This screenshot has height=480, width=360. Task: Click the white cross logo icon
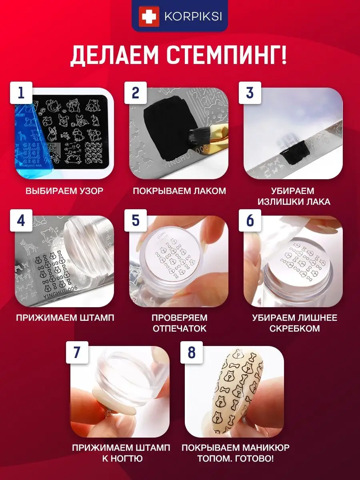tap(149, 17)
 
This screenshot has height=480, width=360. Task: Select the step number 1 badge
tap(21, 93)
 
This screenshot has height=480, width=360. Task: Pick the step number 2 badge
tap(136, 93)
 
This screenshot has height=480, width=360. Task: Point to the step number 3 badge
tap(250, 93)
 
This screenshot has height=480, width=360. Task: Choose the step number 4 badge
tap(21, 220)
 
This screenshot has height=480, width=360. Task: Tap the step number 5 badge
tap(136, 220)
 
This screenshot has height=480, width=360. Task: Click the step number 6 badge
tap(250, 220)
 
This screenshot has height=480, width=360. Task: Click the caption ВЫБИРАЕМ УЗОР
tap(64, 191)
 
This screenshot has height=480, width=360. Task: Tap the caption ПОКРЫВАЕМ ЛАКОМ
tap(180, 191)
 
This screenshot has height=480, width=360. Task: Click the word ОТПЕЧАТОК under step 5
tap(180, 328)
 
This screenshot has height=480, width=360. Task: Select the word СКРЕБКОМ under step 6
tap(294, 328)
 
